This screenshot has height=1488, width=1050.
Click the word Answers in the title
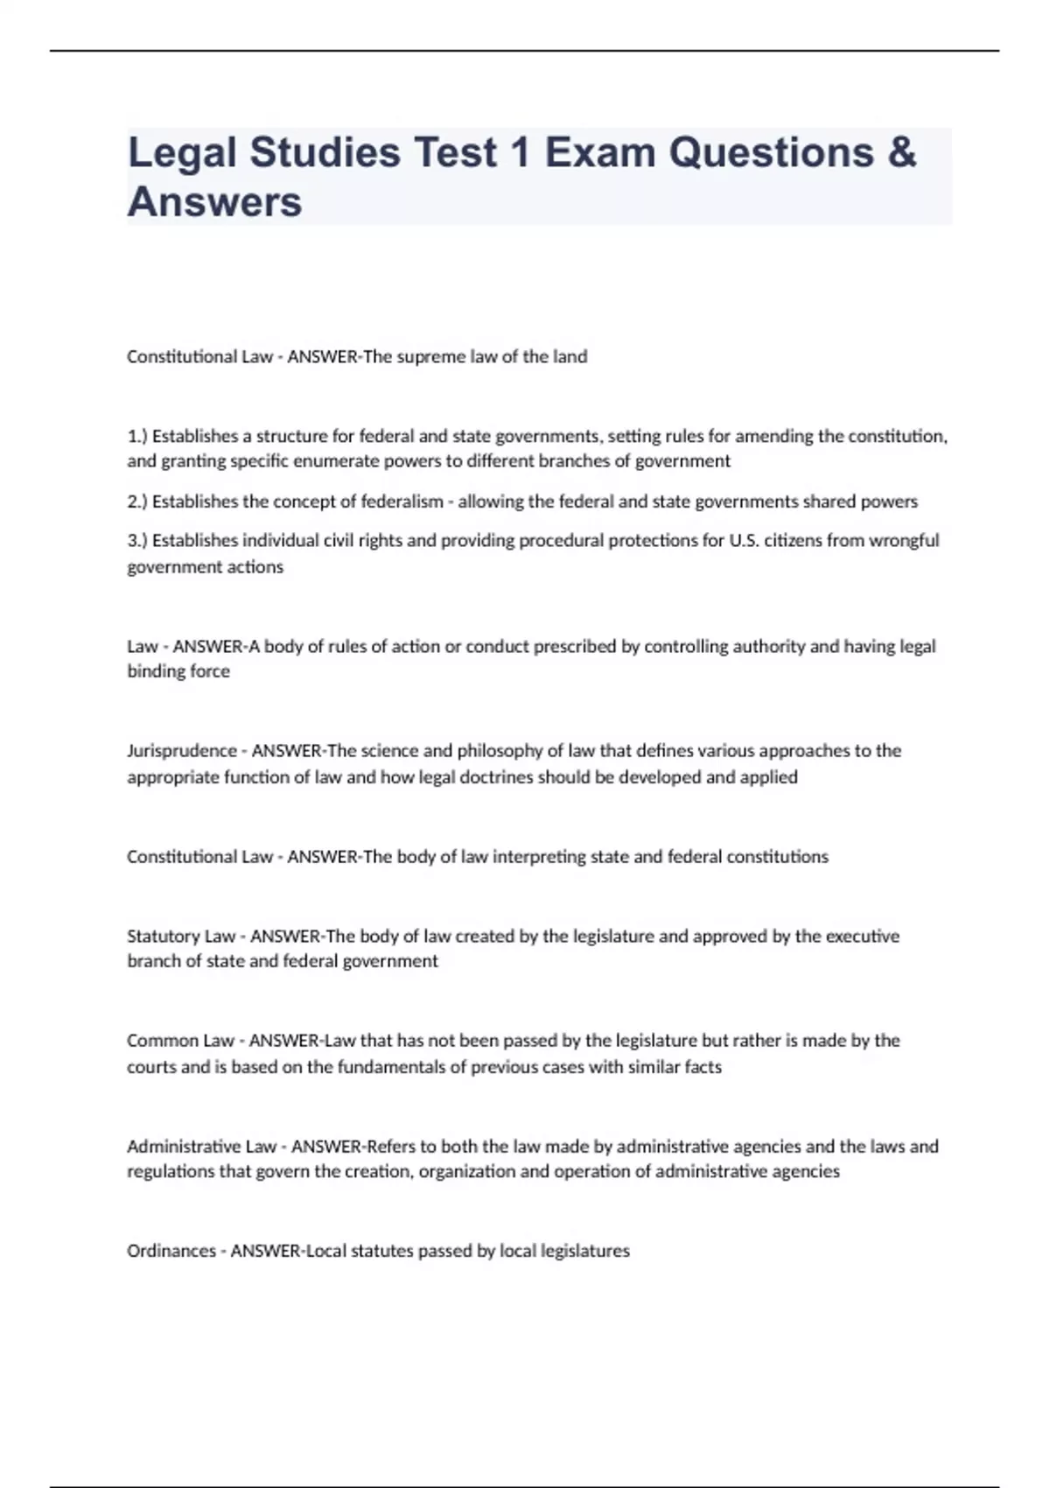pos(214,201)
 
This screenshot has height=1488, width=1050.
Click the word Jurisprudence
pos(182,751)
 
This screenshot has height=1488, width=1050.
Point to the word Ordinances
pos(171,1251)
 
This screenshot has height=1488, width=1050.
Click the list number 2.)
pos(138,502)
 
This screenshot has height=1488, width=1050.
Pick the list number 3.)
pos(138,540)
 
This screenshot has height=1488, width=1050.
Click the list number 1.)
pos(138,436)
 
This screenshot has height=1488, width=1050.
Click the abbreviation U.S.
pos(743,540)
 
